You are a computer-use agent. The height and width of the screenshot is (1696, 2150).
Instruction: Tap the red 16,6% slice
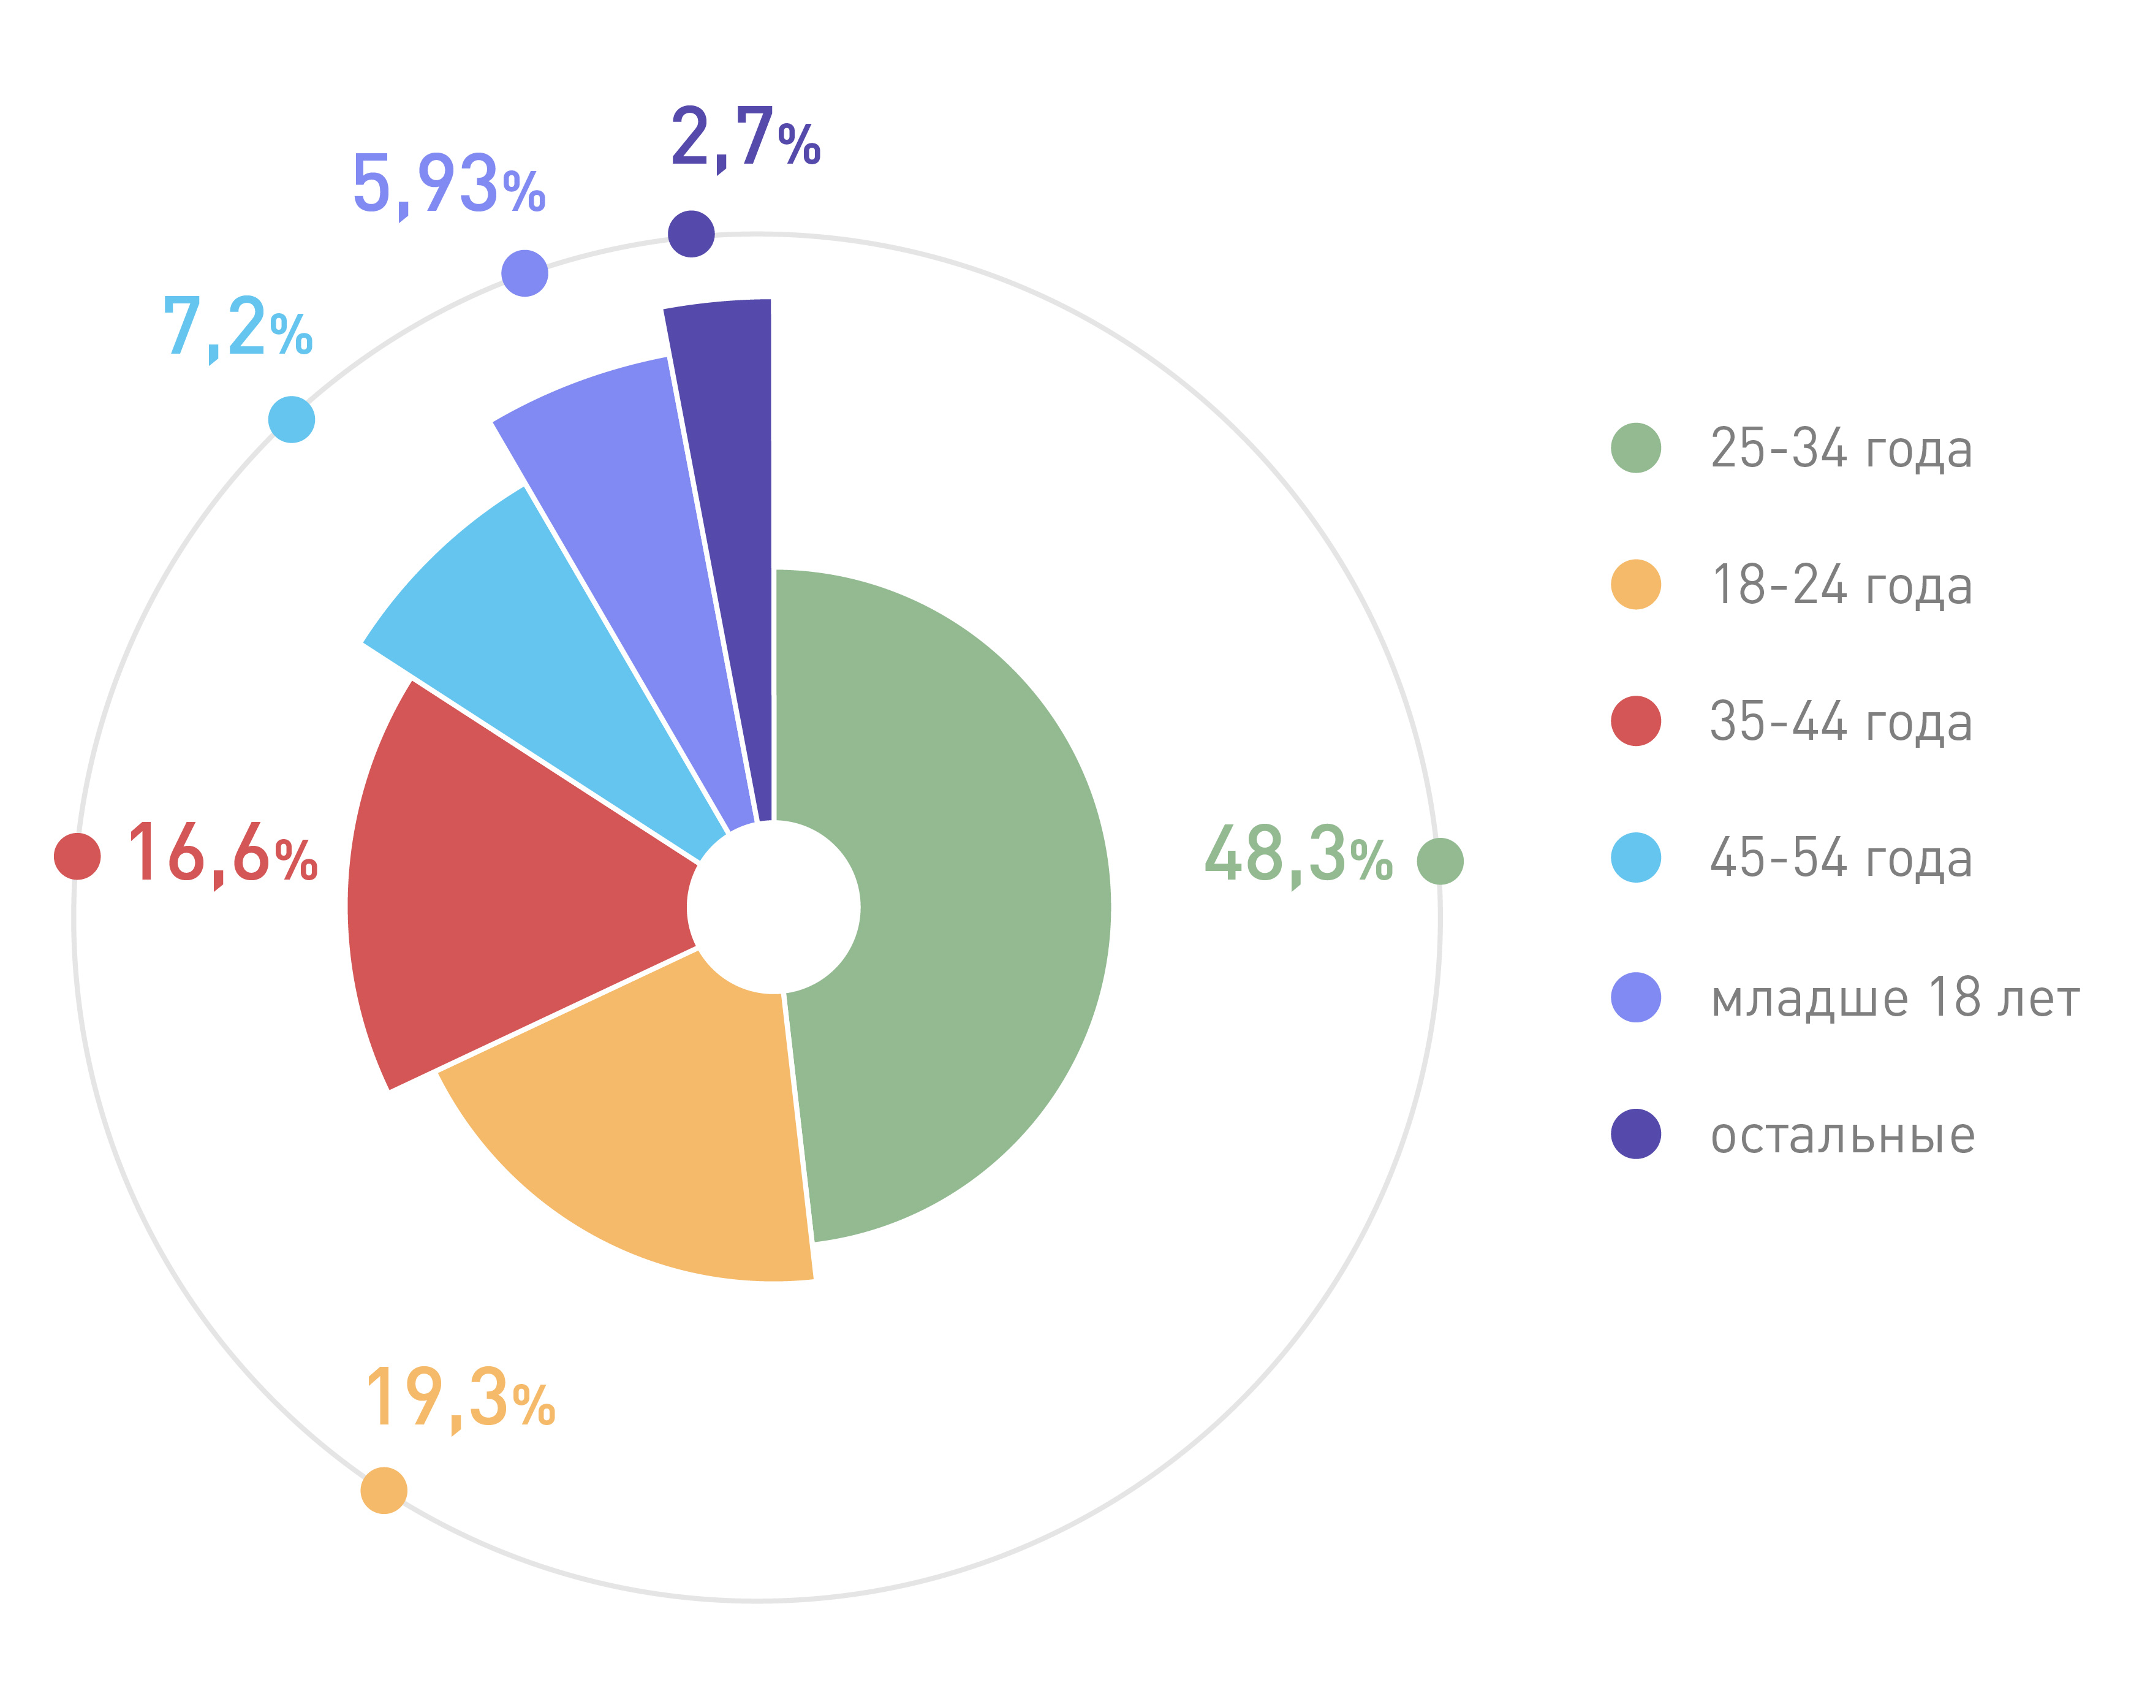point(496,894)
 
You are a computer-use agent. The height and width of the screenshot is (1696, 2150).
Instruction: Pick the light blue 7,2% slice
point(536,645)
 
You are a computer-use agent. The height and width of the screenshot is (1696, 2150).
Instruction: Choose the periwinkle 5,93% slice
point(635,516)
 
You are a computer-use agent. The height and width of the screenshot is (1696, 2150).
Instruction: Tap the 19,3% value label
point(460,1398)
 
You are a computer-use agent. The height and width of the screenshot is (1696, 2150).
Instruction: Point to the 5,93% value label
point(449,184)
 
